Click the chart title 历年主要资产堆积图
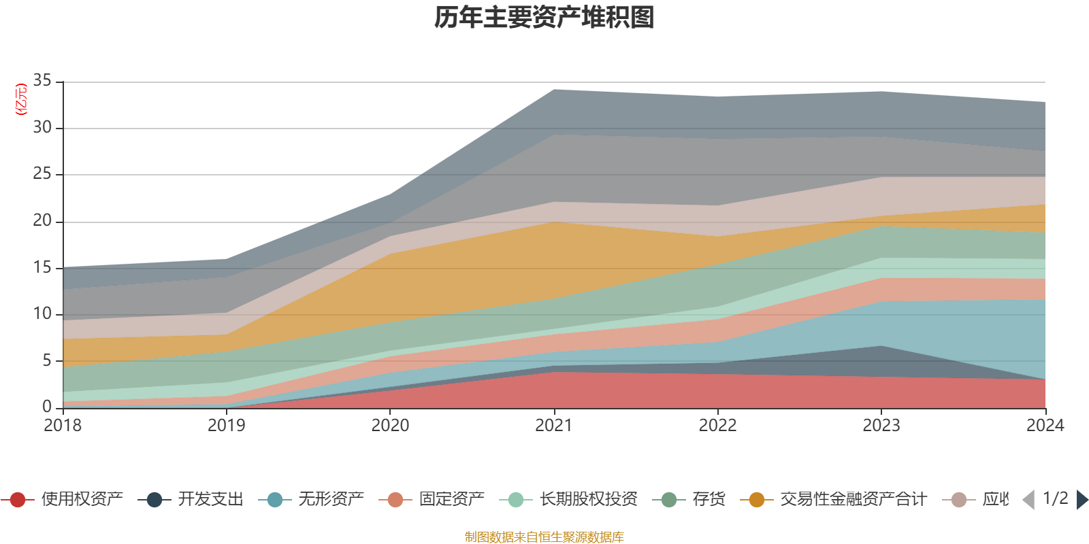tap(544, 18)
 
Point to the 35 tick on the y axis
tap(42, 81)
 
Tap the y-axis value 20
tap(42, 221)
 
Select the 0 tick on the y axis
tap(47, 407)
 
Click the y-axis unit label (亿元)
tap(21, 99)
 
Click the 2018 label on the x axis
tap(63, 426)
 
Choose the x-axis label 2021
tap(553, 426)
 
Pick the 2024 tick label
tap(1045, 426)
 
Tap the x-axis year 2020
tap(390, 426)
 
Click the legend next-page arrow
tap(1082, 500)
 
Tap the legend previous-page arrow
tap(1028, 500)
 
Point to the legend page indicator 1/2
tap(1055, 498)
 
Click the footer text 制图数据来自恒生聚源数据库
tap(544, 537)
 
